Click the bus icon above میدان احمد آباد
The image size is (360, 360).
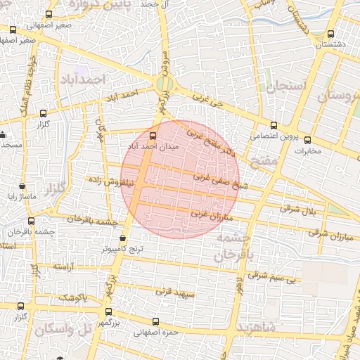click(153, 135)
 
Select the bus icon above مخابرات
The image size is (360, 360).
click(307, 139)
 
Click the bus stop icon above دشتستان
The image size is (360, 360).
click(331, 34)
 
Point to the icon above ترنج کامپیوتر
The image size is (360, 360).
click(124, 238)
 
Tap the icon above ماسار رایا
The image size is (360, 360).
click(23, 187)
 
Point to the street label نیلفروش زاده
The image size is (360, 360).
click(110, 181)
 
